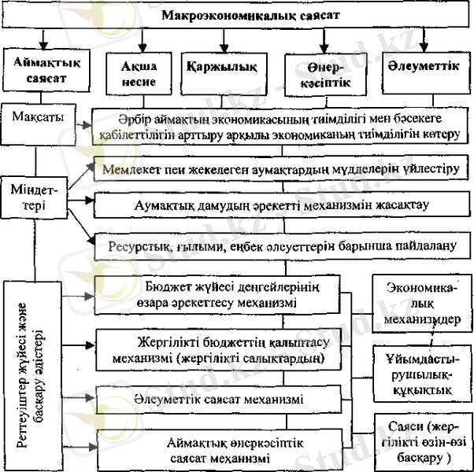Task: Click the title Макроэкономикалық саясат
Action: [236, 14]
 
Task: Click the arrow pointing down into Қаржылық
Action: [224, 39]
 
